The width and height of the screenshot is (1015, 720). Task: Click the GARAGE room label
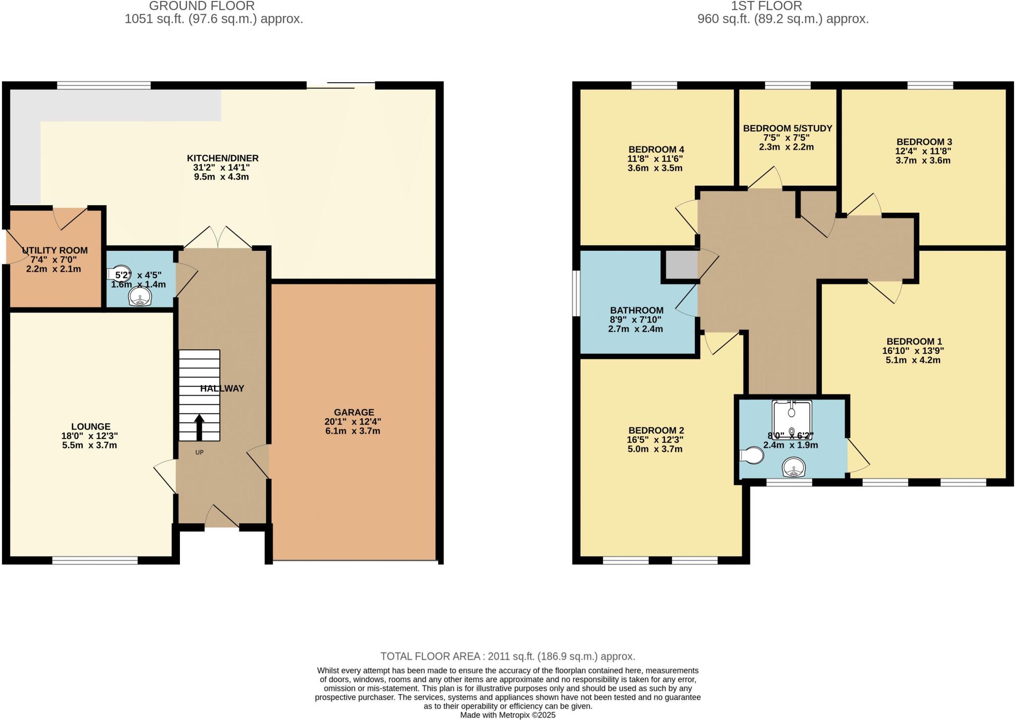coord(353,412)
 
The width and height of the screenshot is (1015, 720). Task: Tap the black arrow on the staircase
coord(199,428)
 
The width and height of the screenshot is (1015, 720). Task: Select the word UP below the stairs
coord(199,452)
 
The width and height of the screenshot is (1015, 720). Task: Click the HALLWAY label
coord(222,388)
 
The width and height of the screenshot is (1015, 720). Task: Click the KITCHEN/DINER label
coord(223,159)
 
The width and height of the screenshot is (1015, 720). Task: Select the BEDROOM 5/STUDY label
coord(787,129)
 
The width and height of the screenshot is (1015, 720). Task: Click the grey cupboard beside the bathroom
coord(680,265)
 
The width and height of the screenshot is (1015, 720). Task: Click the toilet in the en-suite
coord(752,455)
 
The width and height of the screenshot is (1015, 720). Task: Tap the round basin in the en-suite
coord(794,467)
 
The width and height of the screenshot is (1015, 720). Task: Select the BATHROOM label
coord(636,311)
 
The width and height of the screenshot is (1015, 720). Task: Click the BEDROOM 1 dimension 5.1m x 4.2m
coord(913,360)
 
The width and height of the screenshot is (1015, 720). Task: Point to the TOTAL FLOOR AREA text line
coord(507,656)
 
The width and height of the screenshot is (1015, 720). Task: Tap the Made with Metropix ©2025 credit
coord(507,715)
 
